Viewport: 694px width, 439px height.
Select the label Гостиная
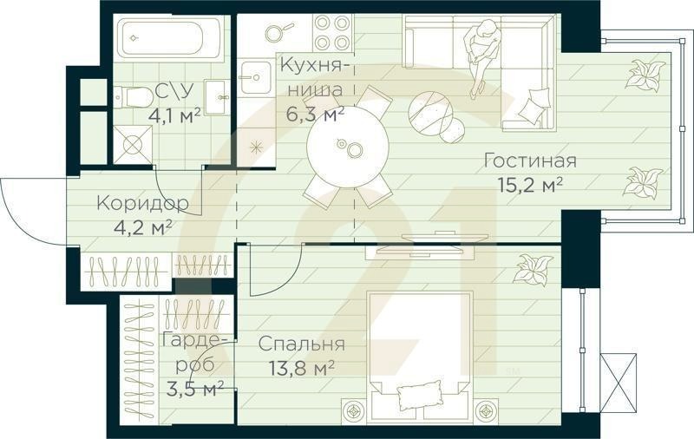pyautogui.click(x=530, y=161)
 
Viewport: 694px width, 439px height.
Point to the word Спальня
pyautogui.click(x=302, y=344)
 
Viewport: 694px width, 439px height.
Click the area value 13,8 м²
pyautogui.click(x=298, y=367)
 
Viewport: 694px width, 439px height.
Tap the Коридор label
pyautogui.click(x=142, y=205)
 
